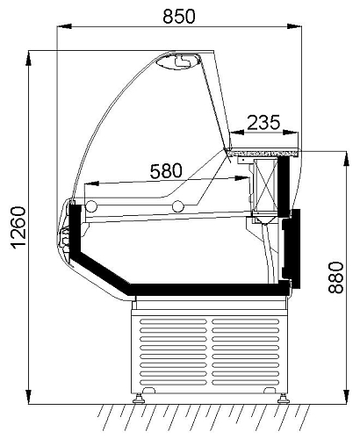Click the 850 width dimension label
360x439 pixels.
(x=179, y=16)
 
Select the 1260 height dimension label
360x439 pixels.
(x=18, y=227)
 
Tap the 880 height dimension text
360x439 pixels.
(x=335, y=277)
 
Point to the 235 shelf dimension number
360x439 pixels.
(x=263, y=122)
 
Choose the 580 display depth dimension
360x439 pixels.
(x=166, y=171)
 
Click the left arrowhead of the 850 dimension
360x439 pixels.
(x=64, y=26)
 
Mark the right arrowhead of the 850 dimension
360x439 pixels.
(x=294, y=26)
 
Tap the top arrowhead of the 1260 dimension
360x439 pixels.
(x=28, y=58)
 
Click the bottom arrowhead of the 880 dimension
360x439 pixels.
(x=346, y=397)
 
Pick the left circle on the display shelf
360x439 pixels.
(x=91, y=206)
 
